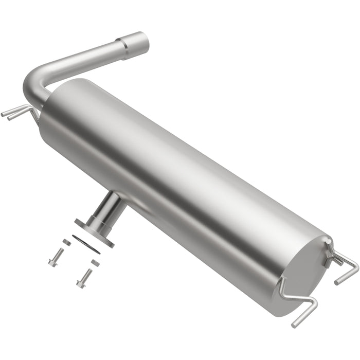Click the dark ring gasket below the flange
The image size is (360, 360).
(x=86, y=243)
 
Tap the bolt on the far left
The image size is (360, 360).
(x=56, y=257)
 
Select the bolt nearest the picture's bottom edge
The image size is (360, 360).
(x=84, y=278)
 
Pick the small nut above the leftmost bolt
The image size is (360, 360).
(x=66, y=242)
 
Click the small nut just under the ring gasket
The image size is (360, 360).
(x=95, y=262)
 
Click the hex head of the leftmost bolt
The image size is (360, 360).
(x=52, y=262)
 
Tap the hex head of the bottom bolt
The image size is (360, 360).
(x=80, y=283)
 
